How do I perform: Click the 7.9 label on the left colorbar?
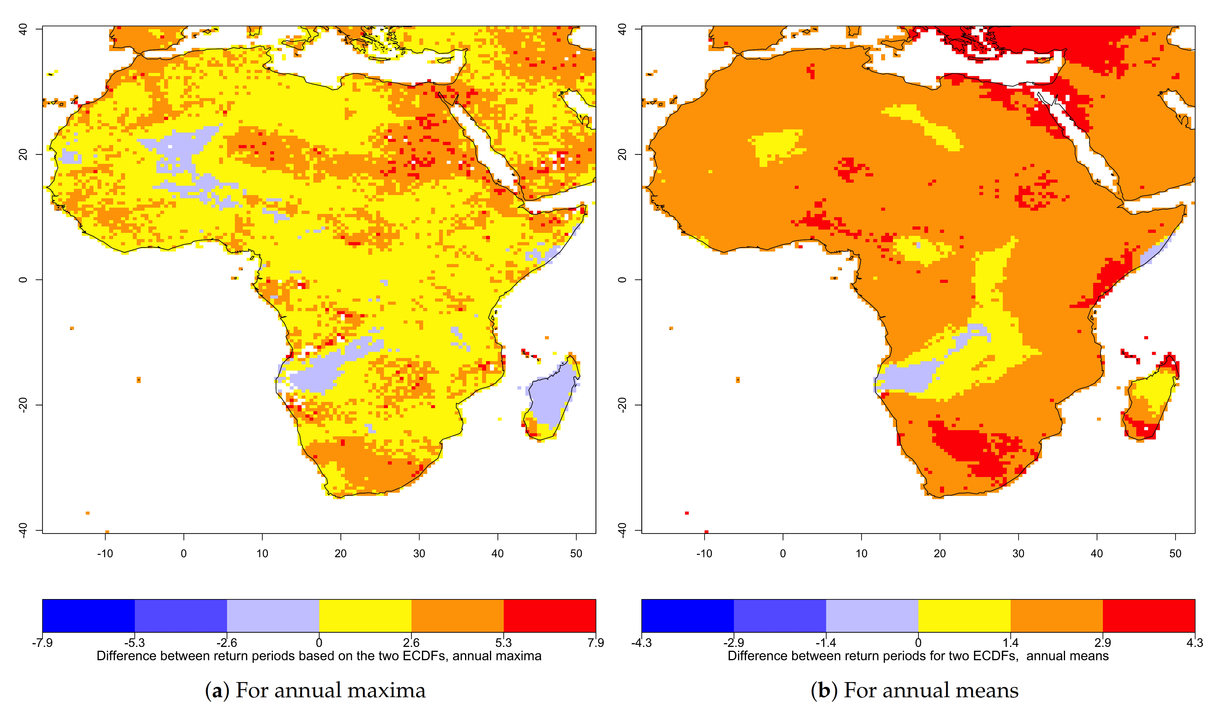click(x=595, y=642)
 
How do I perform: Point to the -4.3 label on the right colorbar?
click(x=641, y=642)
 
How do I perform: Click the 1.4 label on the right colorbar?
click(x=1010, y=642)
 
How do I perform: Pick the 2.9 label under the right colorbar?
click(x=1103, y=642)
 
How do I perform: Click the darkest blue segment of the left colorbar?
click(x=88, y=616)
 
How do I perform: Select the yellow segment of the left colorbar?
click(x=365, y=616)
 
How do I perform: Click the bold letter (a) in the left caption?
click(x=217, y=690)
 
